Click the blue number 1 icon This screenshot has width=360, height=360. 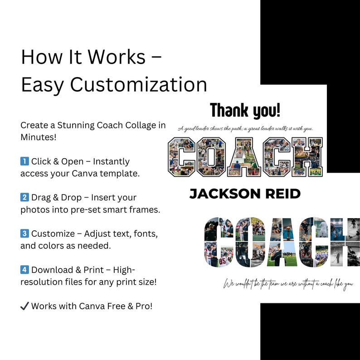pyautogui.click(x=24, y=161)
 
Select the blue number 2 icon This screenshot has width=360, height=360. pyautogui.click(x=24, y=198)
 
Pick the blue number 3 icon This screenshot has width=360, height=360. pyautogui.click(x=24, y=234)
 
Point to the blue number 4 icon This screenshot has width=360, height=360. pyautogui.click(x=24, y=270)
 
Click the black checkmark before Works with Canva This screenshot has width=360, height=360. pyautogui.click(x=24, y=306)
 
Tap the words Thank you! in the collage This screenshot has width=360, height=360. pyautogui.click(x=245, y=110)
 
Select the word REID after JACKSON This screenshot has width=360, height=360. pyautogui.click(x=282, y=194)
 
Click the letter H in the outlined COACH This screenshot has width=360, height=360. pyautogui.click(x=308, y=157)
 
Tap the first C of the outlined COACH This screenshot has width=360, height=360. pyautogui.click(x=181, y=157)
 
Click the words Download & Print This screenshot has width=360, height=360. pyautogui.click(x=68, y=270)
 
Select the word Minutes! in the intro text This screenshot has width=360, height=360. pyautogui.click(x=39, y=136)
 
